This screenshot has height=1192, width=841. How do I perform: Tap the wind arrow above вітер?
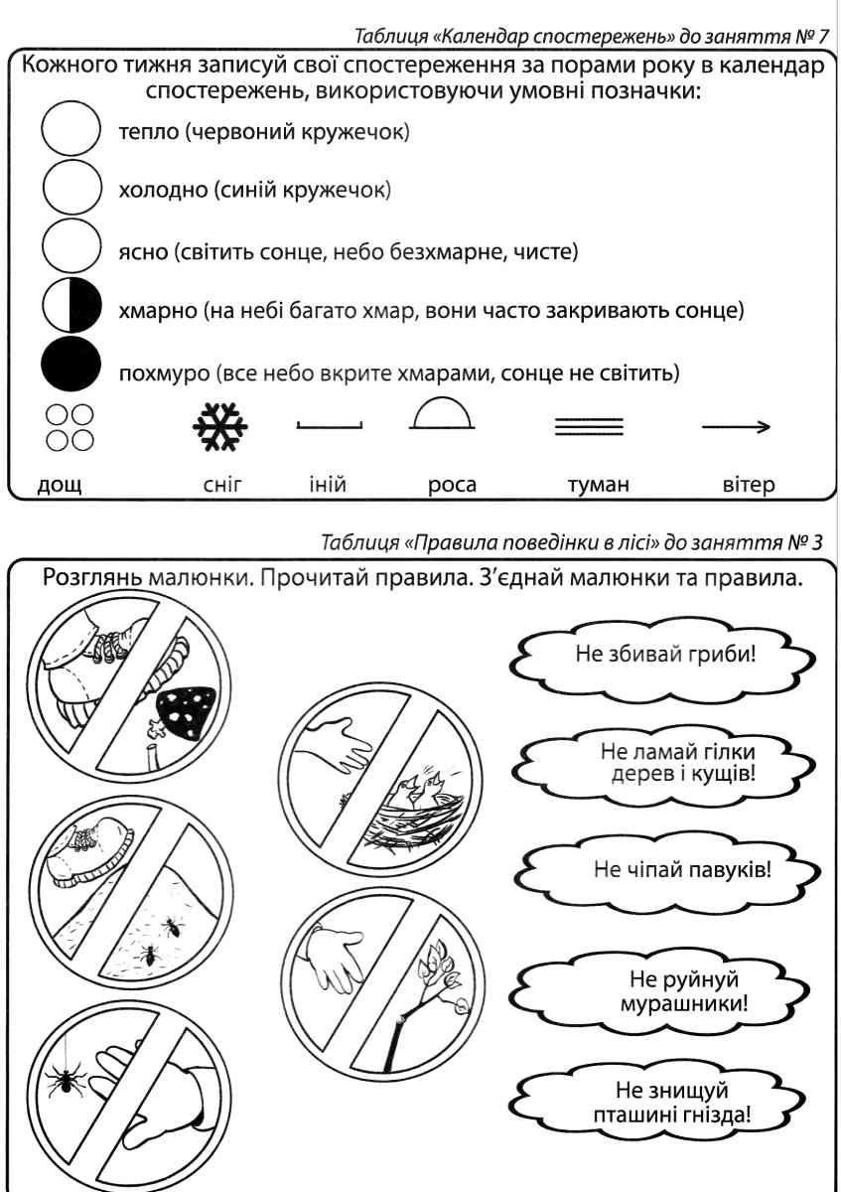coord(736,427)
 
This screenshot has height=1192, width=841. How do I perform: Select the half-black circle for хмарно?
coord(70,306)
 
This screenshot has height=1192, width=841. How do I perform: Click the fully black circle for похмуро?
coord(70,367)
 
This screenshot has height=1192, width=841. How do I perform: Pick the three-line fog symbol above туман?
coord(588,427)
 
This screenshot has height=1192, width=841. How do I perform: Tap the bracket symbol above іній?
coord(330,425)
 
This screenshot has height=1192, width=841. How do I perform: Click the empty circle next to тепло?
coord(70,132)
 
